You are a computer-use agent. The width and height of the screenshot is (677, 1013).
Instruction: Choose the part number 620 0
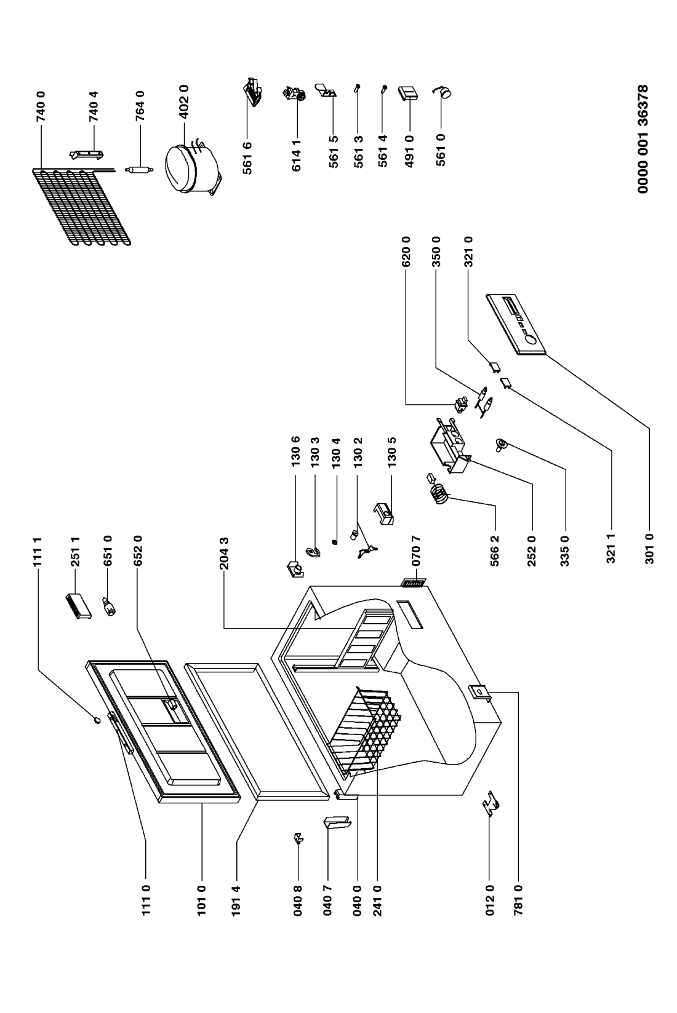tap(406, 251)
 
